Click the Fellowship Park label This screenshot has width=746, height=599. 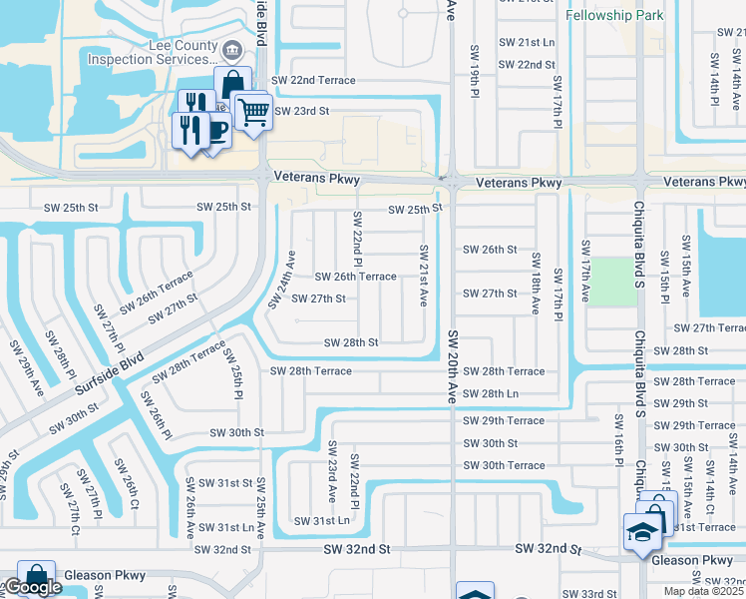[x=615, y=16]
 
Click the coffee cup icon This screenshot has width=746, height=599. [x=216, y=130]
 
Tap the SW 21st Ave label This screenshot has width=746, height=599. [x=423, y=276]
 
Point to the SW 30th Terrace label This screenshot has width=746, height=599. [x=504, y=466]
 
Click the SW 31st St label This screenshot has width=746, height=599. [x=225, y=483]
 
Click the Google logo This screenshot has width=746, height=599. [x=33, y=587]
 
